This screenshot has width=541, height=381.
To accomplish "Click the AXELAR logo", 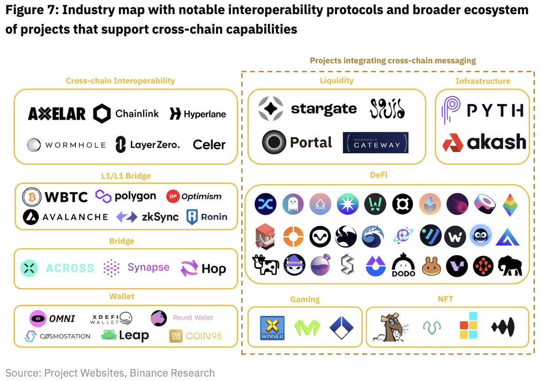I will (x=57, y=114).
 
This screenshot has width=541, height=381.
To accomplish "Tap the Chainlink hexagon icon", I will (x=102, y=114).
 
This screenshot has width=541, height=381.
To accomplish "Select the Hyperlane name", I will (x=204, y=114).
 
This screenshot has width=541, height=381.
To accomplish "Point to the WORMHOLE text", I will (x=75, y=145).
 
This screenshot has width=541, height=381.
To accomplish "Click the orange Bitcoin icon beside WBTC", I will (x=31, y=197).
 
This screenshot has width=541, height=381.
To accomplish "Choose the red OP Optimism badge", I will (x=172, y=196).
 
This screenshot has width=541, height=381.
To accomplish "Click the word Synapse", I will (x=149, y=267).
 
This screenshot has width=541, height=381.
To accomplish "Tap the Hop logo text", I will (x=214, y=269).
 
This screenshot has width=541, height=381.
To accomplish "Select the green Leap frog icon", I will (x=109, y=335).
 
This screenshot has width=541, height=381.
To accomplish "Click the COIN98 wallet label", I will (x=204, y=336).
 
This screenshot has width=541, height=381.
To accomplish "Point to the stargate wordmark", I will (x=324, y=109).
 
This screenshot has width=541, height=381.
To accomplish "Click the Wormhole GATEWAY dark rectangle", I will (x=376, y=143).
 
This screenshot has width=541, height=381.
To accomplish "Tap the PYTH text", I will (x=495, y=110).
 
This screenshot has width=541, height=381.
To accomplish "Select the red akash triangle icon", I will (x=453, y=142).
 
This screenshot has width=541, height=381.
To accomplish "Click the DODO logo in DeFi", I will (x=404, y=265).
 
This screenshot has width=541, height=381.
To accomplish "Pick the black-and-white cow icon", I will (x=265, y=265).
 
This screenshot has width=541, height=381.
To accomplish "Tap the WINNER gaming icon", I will (x=272, y=328).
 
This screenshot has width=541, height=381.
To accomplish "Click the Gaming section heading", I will (x=305, y=299).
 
